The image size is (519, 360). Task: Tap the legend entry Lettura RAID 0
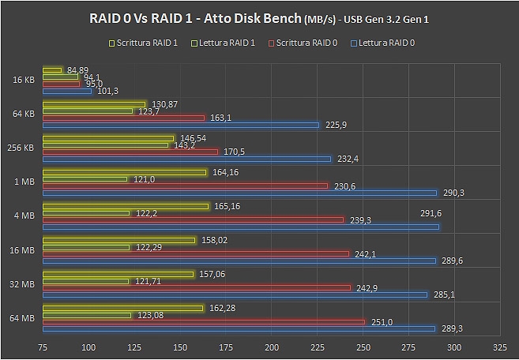coord(386,43)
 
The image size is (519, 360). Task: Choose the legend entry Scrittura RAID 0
coord(305,43)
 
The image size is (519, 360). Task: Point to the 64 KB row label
coord(23,114)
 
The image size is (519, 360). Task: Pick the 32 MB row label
coord(23,283)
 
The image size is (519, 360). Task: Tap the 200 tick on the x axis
coord(272,347)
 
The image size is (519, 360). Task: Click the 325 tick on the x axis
coord(499,347)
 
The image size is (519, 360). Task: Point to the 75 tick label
coord(43,347)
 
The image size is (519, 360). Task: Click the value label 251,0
coord(380,321)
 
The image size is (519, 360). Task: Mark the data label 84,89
coord(78,69)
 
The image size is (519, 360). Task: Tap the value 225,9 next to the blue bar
coord(335,124)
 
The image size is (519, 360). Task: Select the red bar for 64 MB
coord(204,321)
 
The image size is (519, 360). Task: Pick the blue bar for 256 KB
coord(186,159)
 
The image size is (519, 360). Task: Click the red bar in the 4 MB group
coord(193,219)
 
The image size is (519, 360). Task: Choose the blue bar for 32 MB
coord(235,294)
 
